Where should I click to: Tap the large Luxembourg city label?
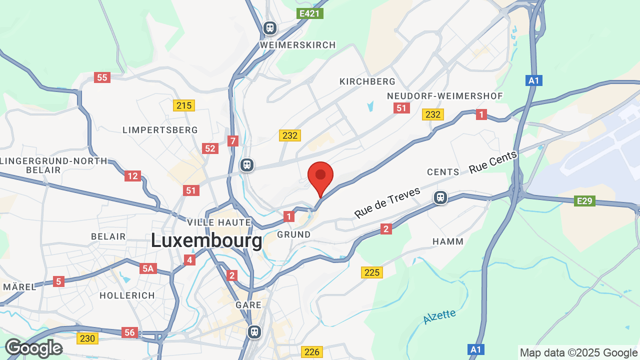pyautogui.click(x=206, y=241)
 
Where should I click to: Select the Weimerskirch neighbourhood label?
pyautogui.click(x=298, y=45)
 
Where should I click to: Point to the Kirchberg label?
pyautogui.click(x=367, y=81)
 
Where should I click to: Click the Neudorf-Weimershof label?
pyautogui.click(x=445, y=96)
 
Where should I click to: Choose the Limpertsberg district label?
pyautogui.click(x=160, y=130)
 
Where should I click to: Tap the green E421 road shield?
pyautogui.click(x=310, y=13)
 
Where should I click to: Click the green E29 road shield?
pyautogui.click(x=584, y=201)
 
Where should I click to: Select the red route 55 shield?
pyautogui.click(x=102, y=77)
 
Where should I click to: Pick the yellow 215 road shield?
pyautogui.click(x=184, y=105)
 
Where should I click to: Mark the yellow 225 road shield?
pyautogui.click(x=372, y=272)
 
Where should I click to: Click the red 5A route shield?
pyautogui.click(x=148, y=269)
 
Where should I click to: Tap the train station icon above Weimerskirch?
pyautogui.click(x=270, y=27)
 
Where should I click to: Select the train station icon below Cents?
pyautogui.click(x=440, y=197)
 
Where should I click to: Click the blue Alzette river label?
pyautogui.click(x=439, y=316)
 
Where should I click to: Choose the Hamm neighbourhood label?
pyautogui.click(x=448, y=241)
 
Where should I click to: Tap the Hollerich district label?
pyautogui.click(x=127, y=295)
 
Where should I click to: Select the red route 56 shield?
pyautogui.click(x=129, y=332)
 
